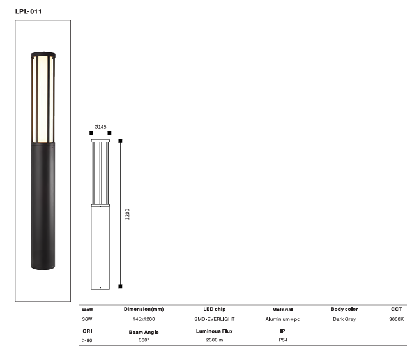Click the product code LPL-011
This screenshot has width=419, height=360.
click(x=29, y=11)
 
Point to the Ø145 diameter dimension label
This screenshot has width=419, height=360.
click(x=100, y=127)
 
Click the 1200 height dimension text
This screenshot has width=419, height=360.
click(x=128, y=214)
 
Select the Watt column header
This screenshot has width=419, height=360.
click(x=88, y=309)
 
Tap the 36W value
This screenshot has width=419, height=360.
click(x=87, y=319)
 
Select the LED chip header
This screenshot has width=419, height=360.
click(x=214, y=309)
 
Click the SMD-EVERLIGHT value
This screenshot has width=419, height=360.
click(x=215, y=319)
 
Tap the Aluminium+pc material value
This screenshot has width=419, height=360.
click(x=282, y=319)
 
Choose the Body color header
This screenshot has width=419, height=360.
click(x=344, y=309)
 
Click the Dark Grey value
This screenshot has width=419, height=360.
click(x=344, y=319)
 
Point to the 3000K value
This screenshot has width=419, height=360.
click(x=396, y=319)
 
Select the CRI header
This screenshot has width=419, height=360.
click(x=87, y=331)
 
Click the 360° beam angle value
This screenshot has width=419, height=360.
click(x=144, y=341)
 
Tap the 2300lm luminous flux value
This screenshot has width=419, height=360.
click(x=215, y=341)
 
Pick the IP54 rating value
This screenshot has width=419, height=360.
click(x=282, y=341)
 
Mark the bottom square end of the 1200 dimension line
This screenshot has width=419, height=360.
click(x=120, y=287)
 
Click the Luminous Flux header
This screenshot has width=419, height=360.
click(x=215, y=331)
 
